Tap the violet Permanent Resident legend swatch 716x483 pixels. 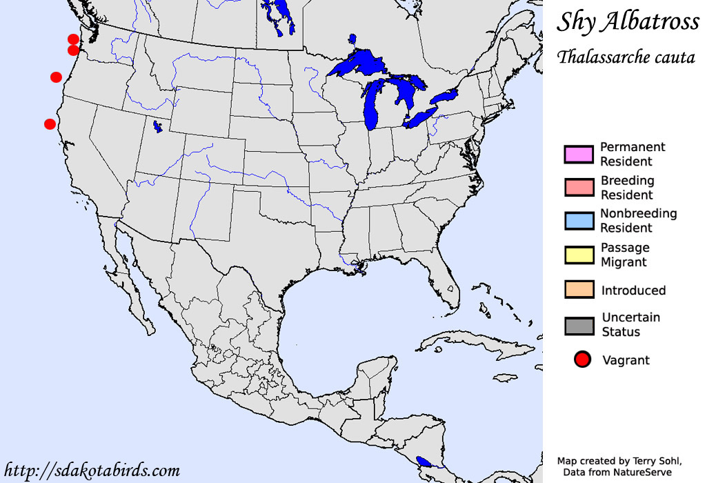point(579,155)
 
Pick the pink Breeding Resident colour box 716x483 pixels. point(579,188)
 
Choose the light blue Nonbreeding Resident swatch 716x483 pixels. point(579,221)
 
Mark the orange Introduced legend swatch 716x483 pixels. point(579,289)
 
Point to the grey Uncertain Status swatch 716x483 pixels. point(579,324)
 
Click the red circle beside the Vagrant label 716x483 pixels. point(583,359)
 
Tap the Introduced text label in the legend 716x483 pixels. point(633,290)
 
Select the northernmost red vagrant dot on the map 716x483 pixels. point(73,39)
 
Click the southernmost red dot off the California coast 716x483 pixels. point(50,124)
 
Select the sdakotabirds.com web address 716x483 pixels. point(92,471)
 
